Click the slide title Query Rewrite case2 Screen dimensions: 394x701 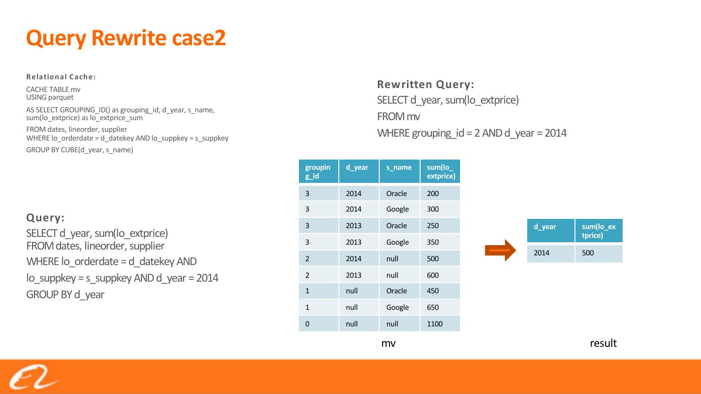pos(126,38)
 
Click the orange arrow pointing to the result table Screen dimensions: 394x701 pos(500,251)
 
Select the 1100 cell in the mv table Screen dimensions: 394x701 pos(435,324)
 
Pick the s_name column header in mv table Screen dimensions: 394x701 pos(399,168)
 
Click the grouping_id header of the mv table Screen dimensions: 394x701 pos(318,171)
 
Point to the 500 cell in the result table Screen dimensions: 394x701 pos(588,253)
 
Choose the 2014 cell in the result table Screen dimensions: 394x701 pos(541,253)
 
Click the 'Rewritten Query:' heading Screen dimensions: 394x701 pos(425,85)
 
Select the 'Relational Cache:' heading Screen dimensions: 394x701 pos(61,77)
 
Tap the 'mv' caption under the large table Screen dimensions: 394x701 pos(388,343)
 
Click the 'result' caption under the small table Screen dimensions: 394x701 pos(603,343)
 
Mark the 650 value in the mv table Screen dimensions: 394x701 pos(433,307)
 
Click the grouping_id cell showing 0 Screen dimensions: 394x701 pos(307,324)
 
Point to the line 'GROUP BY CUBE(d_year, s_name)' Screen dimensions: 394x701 pos(79,150)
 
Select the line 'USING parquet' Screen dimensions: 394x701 pos(50,97)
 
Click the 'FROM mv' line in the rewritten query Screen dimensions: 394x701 pos(398,117)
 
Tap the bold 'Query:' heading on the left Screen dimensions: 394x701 pos(45,217)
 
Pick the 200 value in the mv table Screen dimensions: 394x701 pos(433,194)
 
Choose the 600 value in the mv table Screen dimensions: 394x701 pos(433,275)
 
